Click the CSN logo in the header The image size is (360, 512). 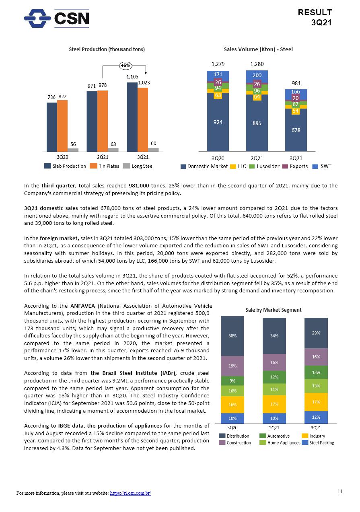point(56,19)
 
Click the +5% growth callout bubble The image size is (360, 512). point(125,65)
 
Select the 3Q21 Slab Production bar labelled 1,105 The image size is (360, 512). point(132,117)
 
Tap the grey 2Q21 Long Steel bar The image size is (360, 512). point(113,150)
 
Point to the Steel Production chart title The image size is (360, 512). point(107,49)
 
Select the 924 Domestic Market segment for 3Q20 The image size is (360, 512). point(218,122)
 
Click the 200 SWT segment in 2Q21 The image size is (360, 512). point(257,75)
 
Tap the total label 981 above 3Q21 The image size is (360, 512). point(296,83)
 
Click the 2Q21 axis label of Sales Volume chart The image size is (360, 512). point(257,158)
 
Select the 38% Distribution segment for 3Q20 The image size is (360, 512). point(232,335)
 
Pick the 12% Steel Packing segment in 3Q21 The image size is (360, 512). point(316,417)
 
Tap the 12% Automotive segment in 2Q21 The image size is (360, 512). point(274,377)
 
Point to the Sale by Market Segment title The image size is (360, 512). point(274,310)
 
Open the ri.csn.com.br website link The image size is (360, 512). point(130,493)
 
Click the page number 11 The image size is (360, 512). point(340,491)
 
